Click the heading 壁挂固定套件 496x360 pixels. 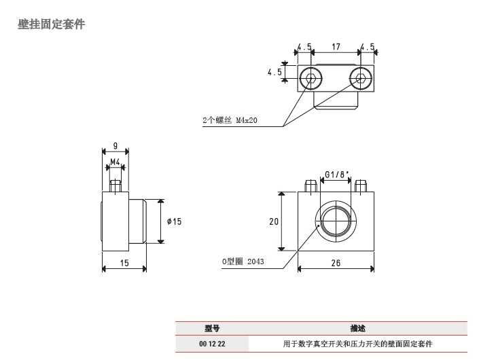(x=51, y=25)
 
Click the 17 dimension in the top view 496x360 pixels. (x=336, y=47)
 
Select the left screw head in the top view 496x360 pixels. (x=311, y=78)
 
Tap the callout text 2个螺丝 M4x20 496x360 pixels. (x=232, y=120)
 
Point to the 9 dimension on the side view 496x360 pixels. (x=116, y=145)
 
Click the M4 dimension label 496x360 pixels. (x=116, y=162)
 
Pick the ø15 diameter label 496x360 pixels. (x=175, y=221)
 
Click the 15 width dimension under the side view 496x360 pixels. (x=124, y=263)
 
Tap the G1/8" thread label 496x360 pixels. (x=336, y=175)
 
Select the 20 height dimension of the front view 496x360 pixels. (x=273, y=221)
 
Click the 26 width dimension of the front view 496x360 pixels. (x=336, y=263)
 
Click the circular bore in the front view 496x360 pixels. (x=335, y=222)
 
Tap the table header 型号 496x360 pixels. (x=212, y=328)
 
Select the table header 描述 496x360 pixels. (x=358, y=328)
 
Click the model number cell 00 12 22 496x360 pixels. (x=212, y=344)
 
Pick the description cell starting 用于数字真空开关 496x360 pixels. (x=358, y=344)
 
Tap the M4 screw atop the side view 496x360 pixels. (x=116, y=185)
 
